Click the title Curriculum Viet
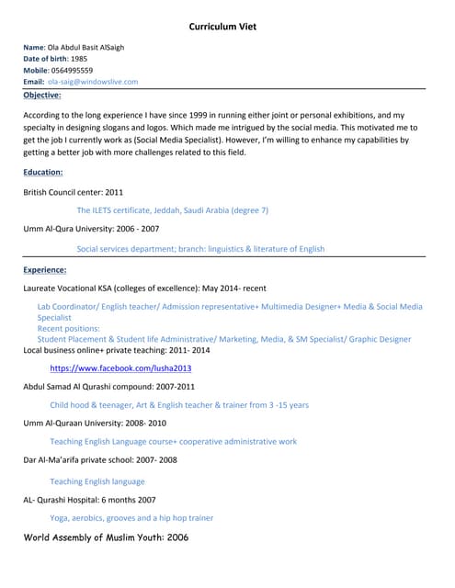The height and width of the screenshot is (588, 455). (227, 27)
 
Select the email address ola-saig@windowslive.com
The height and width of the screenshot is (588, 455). (93, 82)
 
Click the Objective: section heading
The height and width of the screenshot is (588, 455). (42, 95)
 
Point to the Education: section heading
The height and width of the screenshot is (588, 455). (43, 172)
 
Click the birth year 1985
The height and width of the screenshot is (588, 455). (80, 59)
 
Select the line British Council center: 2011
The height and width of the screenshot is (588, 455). (73, 192)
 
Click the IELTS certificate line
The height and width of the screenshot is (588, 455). (172, 210)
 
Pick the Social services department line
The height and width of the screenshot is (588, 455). (200, 248)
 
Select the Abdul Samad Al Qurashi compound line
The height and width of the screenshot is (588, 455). (108, 387)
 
